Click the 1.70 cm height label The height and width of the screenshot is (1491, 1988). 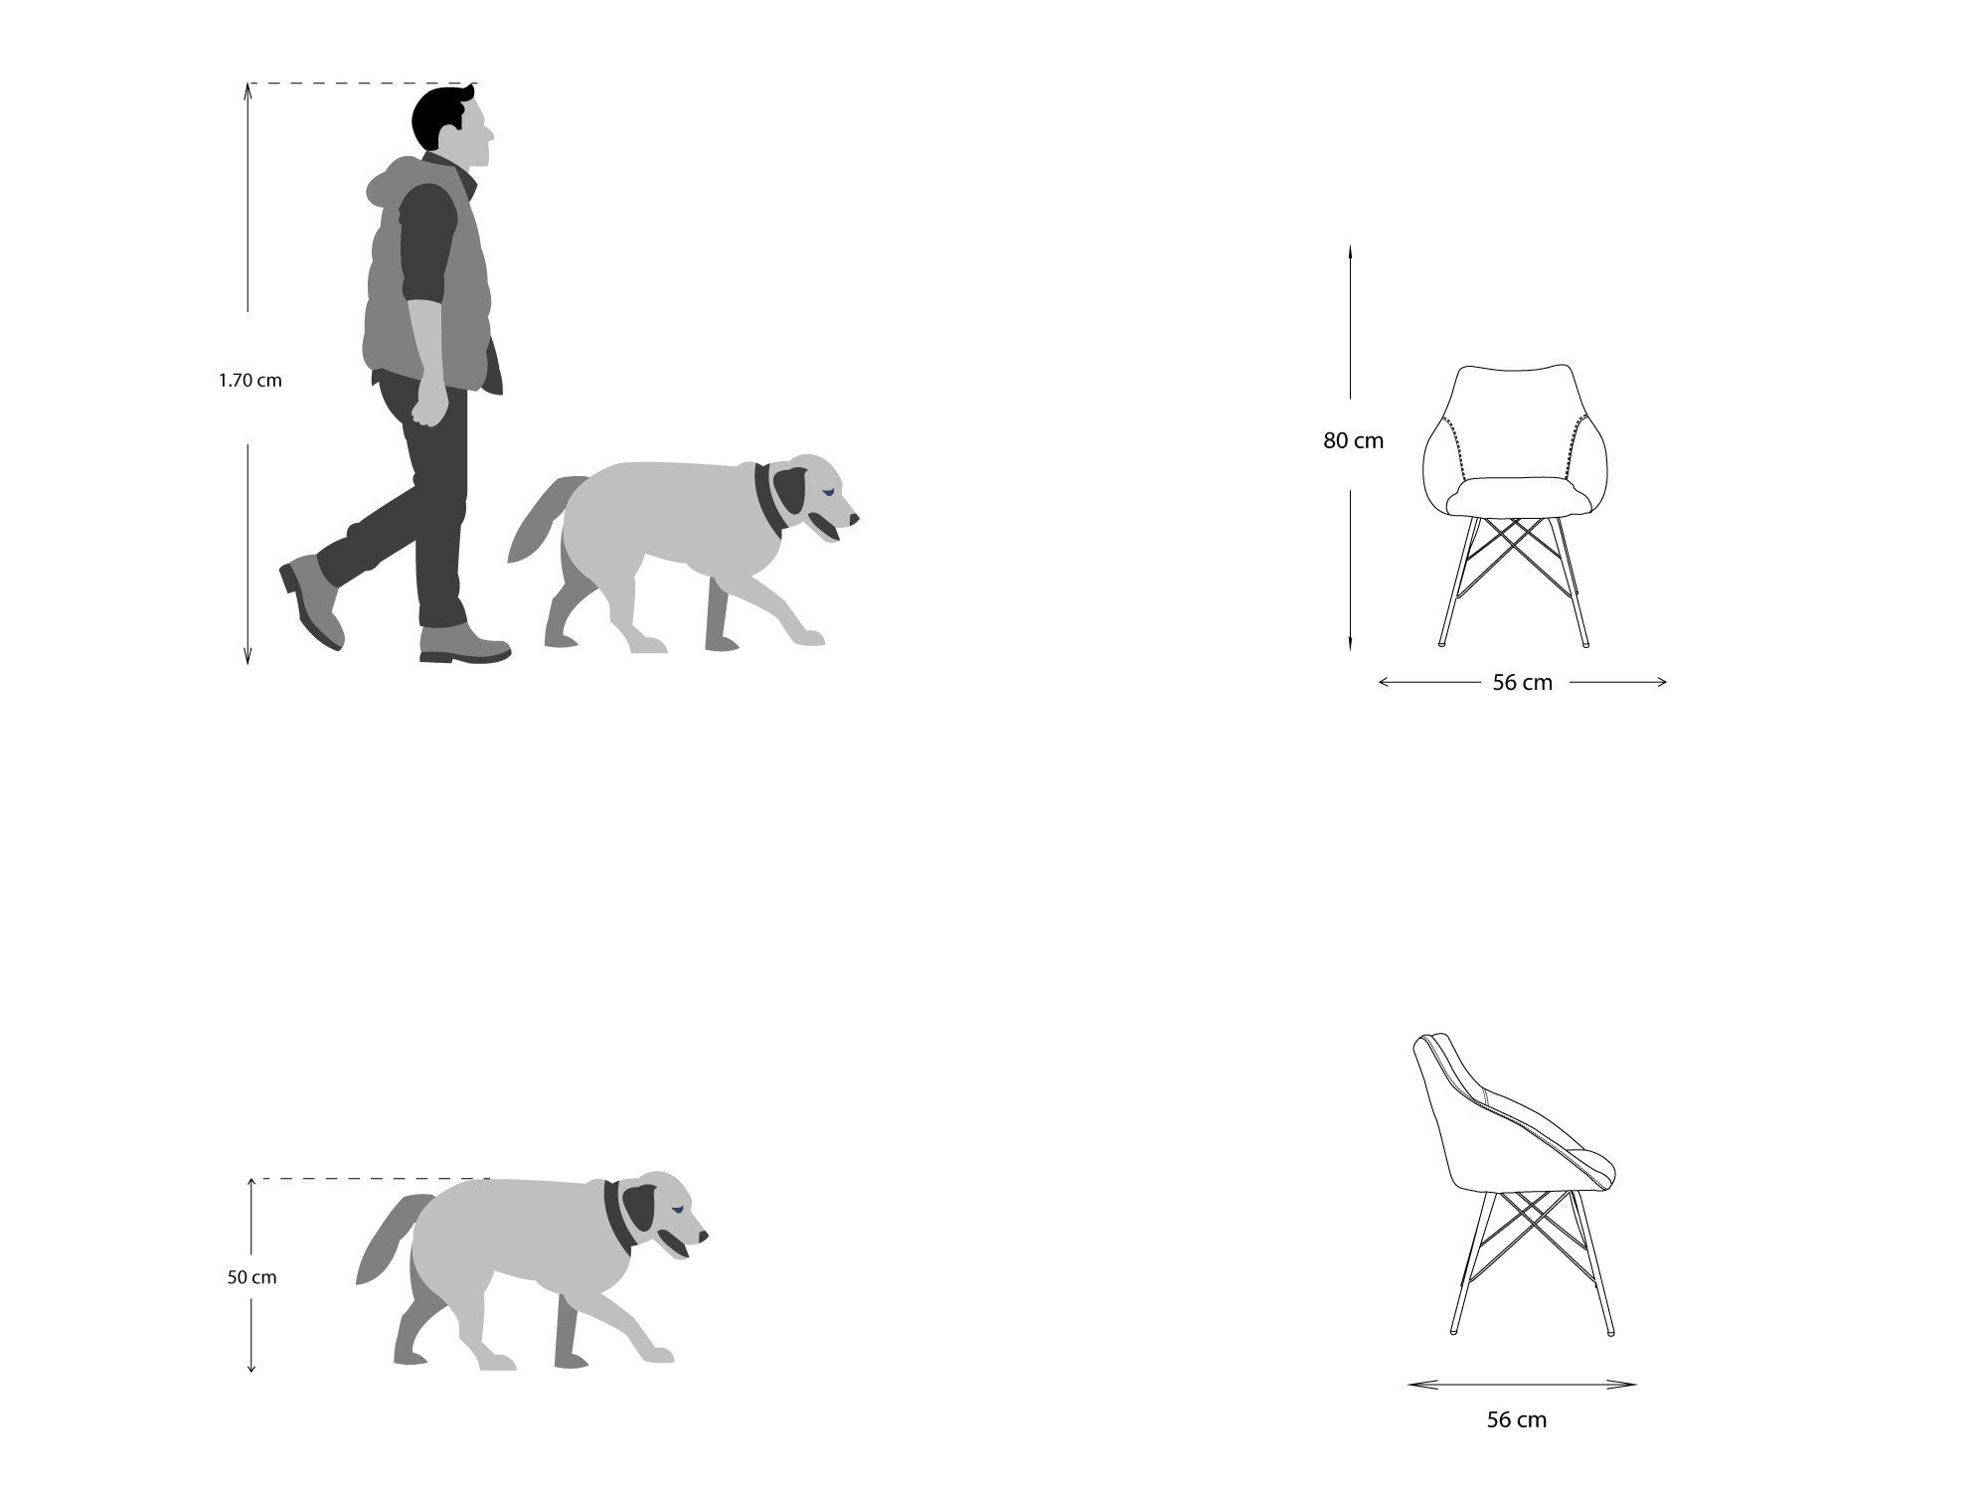pyautogui.click(x=250, y=380)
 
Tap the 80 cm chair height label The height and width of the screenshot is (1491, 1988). pyautogui.click(x=1353, y=440)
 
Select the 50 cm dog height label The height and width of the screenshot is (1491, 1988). pyautogui.click(x=251, y=1277)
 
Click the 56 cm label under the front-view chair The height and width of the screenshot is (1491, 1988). pyautogui.click(x=1522, y=682)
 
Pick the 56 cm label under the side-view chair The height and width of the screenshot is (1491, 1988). pyautogui.click(x=1516, y=1419)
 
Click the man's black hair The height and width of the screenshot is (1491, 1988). pyautogui.click(x=440, y=117)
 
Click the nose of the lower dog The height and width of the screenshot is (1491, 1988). pyautogui.click(x=704, y=1237)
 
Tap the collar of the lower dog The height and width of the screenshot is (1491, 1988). pyautogui.click(x=617, y=1218)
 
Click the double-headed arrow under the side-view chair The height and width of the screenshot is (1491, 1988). pyautogui.click(x=1522, y=1384)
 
